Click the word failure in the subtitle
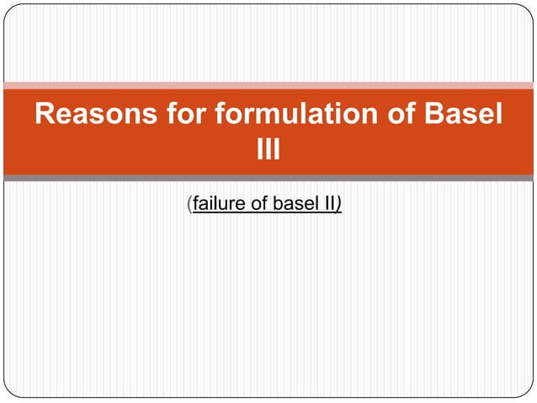(x=217, y=204)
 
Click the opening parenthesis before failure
(x=189, y=204)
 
